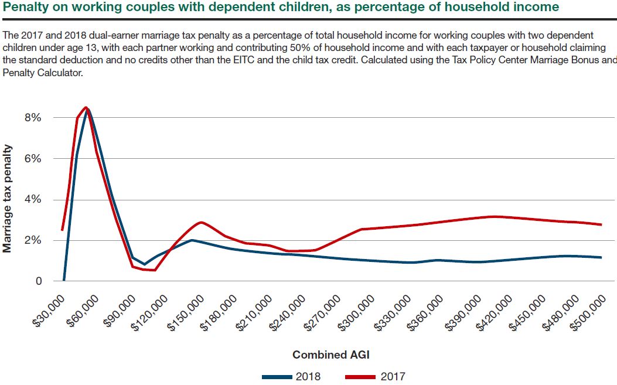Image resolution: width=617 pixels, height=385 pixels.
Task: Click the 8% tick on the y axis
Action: tap(33, 117)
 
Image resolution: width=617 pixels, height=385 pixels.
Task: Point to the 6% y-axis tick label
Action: tap(33, 158)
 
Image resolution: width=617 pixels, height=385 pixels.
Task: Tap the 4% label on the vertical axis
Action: tap(33, 199)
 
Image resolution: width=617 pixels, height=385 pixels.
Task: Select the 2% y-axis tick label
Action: tap(33, 240)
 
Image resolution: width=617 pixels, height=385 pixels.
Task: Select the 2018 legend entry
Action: tap(293, 376)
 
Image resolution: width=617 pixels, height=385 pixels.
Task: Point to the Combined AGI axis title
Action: tap(331, 355)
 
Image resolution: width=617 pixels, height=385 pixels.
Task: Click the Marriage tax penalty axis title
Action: tap(8, 199)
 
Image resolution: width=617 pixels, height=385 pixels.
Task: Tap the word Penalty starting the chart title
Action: tap(23, 8)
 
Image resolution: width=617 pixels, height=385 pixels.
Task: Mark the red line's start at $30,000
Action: tap(62, 230)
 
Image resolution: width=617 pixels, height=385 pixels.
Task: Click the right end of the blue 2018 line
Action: tap(601, 257)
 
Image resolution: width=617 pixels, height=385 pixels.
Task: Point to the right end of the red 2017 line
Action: tap(601, 224)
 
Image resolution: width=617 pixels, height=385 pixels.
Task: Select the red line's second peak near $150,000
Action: tap(201, 222)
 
